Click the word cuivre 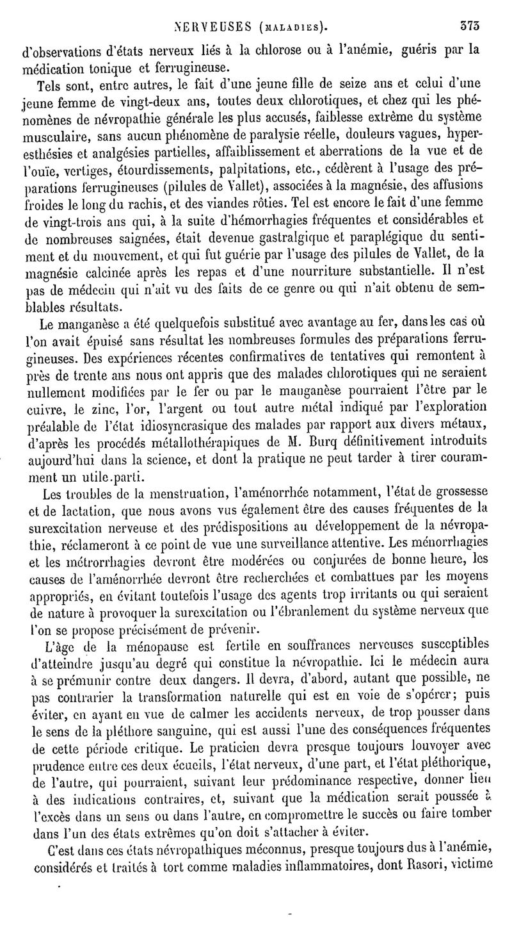coord(54,406)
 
